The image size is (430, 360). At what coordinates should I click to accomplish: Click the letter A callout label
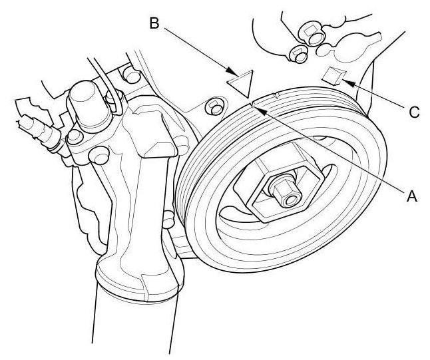(411, 196)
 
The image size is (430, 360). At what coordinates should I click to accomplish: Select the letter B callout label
(154, 24)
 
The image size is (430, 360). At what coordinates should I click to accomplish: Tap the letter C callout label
(414, 112)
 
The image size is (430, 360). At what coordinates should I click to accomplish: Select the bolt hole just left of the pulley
(213, 105)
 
